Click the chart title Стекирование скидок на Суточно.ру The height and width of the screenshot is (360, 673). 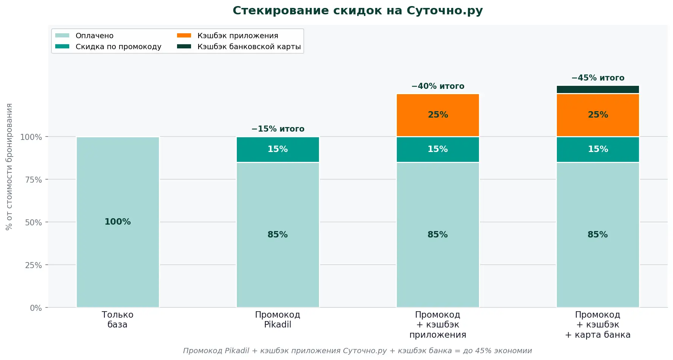click(357, 11)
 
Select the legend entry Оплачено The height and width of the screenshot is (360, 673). click(94, 36)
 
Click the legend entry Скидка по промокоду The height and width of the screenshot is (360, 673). click(118, 47)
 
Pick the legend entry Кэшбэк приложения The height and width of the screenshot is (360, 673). click(238, 36)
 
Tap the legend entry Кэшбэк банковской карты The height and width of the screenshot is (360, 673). click(249, 47)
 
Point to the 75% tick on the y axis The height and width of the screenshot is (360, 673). click(34, 180)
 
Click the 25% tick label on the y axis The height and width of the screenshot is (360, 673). click(34, 265)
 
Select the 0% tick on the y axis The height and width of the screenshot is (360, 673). click(36, 308)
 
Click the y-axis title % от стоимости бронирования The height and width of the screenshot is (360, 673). click(9, 166)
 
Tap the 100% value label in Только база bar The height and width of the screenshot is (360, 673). click(118, 222)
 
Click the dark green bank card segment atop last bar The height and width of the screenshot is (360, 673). click(598, 89)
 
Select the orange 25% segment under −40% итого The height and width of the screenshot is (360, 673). click(438, 115)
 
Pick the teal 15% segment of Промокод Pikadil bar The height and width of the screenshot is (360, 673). click(278, 149)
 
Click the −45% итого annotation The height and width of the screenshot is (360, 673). click(598, 78)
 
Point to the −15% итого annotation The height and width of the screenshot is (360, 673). click(278, 129)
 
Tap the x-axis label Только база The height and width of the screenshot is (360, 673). click(118, 320)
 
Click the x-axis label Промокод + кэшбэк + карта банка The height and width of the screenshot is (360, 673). click(598, 324)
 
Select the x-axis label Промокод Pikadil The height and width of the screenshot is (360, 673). click(278, 320)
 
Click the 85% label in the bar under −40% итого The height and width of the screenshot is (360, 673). click(438, 234)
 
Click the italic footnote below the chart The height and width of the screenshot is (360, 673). click(357, 351)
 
